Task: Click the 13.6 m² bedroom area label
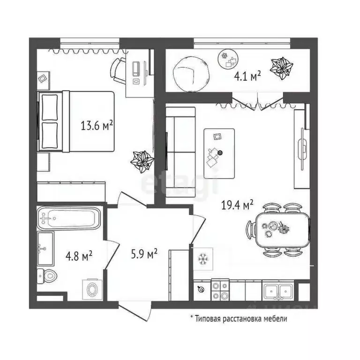(x=97, y=126)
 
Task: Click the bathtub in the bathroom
(x=69, y=218)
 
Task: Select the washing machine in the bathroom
(x=91, y=289)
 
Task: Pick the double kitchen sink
(x=278, y=291)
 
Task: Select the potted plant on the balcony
(x=282, y=68)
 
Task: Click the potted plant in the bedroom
(x=142, y=161)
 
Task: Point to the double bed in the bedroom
(x=77, y=121)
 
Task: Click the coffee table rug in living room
(x=219, y=153)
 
